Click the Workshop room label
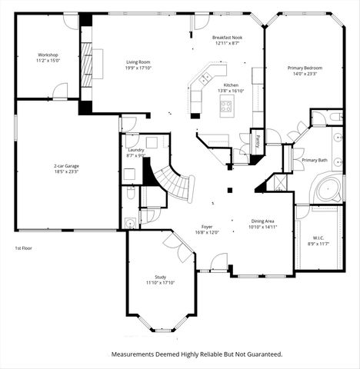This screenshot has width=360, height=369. pyautogui.click(x=48, y=55)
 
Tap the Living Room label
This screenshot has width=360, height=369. pyautogui.click(x=138, y=62)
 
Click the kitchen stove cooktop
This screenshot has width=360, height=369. pyautogui.click(x=228, y=107)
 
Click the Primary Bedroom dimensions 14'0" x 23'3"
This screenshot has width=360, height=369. pyautogui.click(x=305, y=74)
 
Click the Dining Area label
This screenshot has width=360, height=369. pyautogui.click(x=262, y=221)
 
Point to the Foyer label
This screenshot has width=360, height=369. pyautogui.click(x=207, y=227)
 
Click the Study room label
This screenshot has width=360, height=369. pyautogui.click(x=160, y=278)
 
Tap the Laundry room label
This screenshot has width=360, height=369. pyautogui.click(x=135, y=150)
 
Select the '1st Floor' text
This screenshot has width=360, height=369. pyautogui.click(x=25, y=248)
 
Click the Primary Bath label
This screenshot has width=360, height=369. pyautogui.click(x=315, y=160)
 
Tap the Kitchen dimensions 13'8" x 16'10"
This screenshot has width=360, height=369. pyautogui.click(x=231, y=91)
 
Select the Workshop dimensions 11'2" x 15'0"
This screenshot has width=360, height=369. pyautogui.click(x=48, y=60)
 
